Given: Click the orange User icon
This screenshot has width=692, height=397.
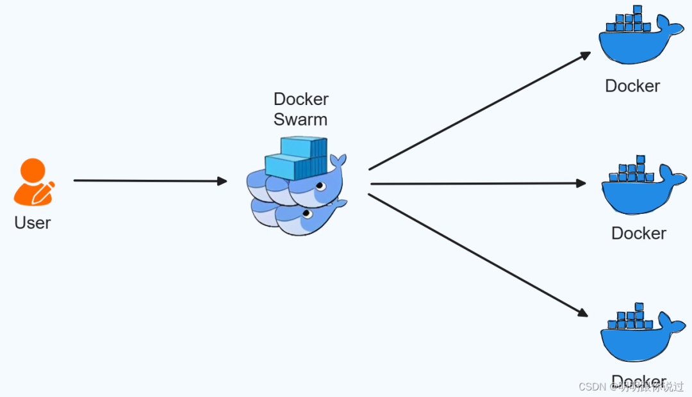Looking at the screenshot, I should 32,183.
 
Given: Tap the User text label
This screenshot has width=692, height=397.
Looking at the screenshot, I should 32,223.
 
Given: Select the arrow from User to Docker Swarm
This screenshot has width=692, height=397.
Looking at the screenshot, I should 151,181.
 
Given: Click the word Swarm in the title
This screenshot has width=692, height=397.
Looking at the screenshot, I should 300,120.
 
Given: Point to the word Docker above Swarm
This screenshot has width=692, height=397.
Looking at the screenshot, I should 301,99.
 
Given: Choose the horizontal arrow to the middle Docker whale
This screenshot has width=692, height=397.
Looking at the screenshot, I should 477,184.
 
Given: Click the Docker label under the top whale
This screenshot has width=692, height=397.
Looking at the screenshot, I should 632,86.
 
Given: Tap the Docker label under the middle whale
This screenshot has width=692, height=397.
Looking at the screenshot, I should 639,233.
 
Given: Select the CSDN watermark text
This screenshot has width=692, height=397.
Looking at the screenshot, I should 591,387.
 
